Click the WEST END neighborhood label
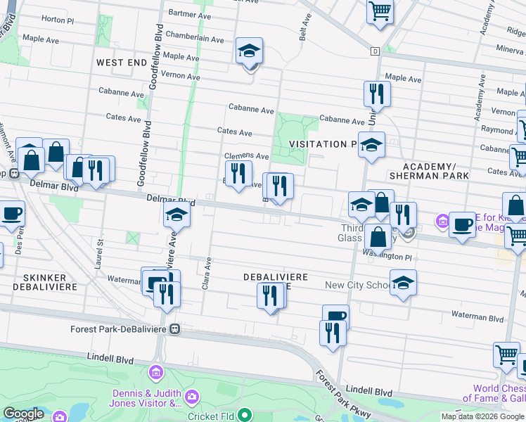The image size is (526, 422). click(122, 63)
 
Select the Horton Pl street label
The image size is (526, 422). click(58, 19)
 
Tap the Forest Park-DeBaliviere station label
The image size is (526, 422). click(119, 328)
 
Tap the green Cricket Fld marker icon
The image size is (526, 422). click(244, 415)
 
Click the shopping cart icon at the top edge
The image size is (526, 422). click(380, 11)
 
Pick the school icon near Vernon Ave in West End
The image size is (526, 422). click(249, 51)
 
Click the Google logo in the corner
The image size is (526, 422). click(23, 414)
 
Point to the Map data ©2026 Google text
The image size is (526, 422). click(482, 416)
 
